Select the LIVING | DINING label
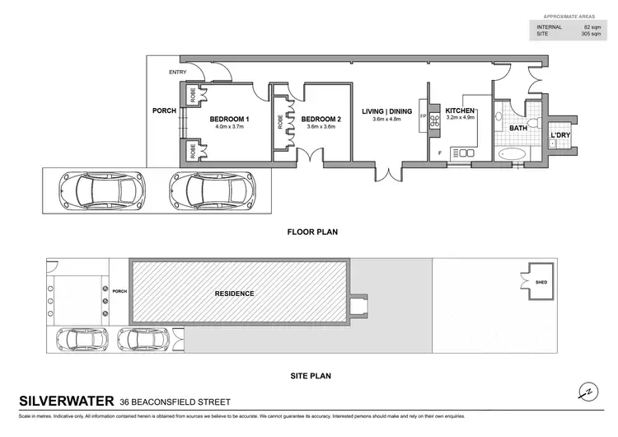386,111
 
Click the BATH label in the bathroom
517,129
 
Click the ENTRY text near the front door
178,73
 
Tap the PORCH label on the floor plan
164,111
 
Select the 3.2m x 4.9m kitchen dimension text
461,120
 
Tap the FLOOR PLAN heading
312,233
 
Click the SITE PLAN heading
311,376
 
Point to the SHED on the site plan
541,282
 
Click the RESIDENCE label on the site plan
235,294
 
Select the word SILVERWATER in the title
65,402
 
